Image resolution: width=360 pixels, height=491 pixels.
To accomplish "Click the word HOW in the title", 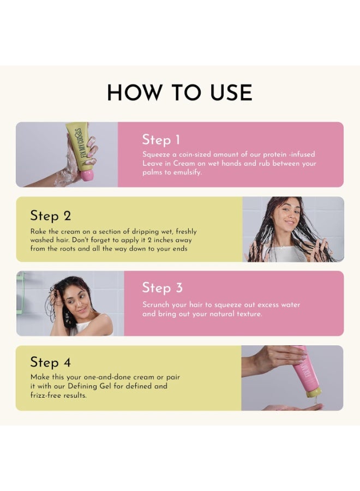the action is (135, 93).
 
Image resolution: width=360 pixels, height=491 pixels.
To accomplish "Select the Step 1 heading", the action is (161, 140).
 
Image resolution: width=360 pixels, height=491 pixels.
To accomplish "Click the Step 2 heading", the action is (50, 215).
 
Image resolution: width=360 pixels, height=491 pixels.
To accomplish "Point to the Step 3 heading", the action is (162, 288).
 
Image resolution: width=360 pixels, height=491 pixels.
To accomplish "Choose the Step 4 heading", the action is (50, 362).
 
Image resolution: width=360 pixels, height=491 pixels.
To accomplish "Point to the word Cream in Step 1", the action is (184, 163).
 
